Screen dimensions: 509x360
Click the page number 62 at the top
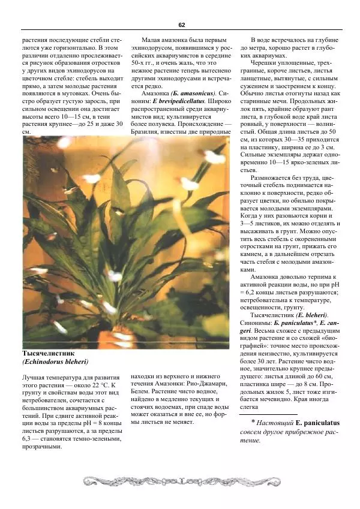(181, 25)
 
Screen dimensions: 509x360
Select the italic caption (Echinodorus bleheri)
(55, 362)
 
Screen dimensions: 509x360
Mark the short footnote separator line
(268, 414)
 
